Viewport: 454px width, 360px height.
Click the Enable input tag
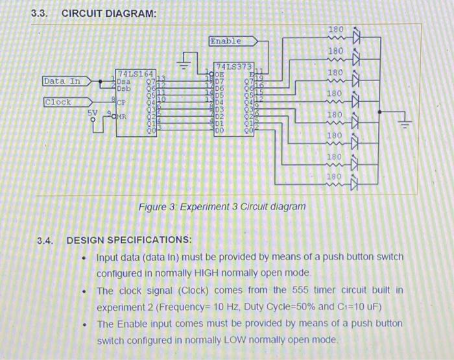(x=226, y=41)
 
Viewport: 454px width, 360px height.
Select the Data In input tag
(x=62, y=81)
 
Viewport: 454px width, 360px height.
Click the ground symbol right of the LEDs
(x=407, y=123)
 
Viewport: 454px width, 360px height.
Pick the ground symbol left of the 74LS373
(x=184, y=66)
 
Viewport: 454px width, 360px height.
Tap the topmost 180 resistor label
(x=336, y=30)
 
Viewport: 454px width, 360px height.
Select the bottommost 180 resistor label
(x=333, y=176)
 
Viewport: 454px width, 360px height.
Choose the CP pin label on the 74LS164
(x=121, y=102)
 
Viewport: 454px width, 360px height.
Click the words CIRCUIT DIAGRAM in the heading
(x=104, y=14)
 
